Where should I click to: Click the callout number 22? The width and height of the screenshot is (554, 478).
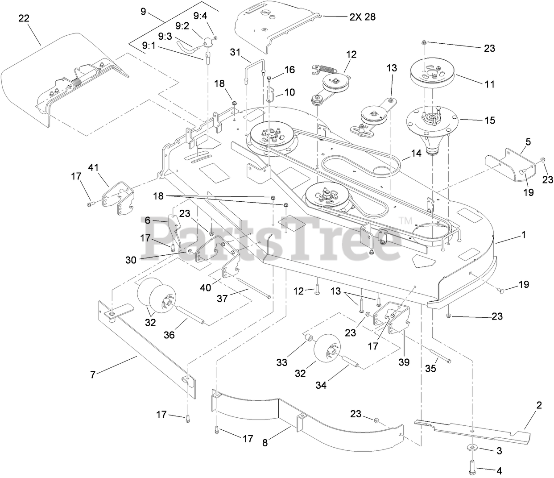pyautogui.click(x=25, y=19)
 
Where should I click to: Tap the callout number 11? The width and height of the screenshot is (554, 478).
pyautogui.click(x=489, y=83)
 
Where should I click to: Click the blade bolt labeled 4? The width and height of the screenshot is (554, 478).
pyautogui.click(x=473, y=467)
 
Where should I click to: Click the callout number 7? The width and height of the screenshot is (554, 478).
pyautogui.click(x=93, y=374)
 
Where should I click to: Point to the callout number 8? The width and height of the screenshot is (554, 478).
pyautogui.click(x=265, y=443)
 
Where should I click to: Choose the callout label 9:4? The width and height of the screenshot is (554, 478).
pyautogui.click(x=200, y=16)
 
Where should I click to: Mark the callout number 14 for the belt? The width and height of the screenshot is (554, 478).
pyautogui.click(x=416, y=153)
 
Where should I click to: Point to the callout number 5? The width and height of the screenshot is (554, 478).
pyautogui.click(x=528, y=143)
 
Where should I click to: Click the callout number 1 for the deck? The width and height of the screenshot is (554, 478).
pyautogui.click(x=524, y=235)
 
